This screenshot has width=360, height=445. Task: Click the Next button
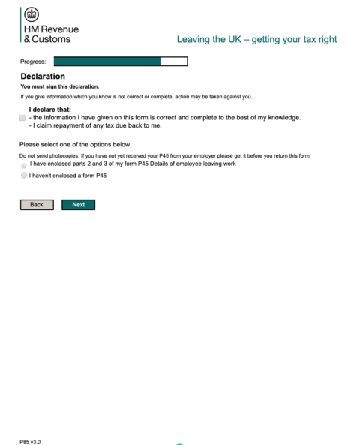(x=78, y=204)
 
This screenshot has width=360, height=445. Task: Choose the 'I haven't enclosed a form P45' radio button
(x=24, y=175)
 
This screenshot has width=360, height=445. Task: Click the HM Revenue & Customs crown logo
(x=32, y=14)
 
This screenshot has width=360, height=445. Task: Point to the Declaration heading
(x=43, y=76)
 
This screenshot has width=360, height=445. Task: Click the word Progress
(x=33, y=62)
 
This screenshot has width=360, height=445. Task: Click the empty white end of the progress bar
(x=174, y=62)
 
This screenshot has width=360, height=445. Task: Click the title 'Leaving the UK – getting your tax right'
(x=256, y=38)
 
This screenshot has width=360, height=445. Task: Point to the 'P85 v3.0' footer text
(x=30, y=441)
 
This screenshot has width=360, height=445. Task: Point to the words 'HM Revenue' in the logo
(x=52, y=29)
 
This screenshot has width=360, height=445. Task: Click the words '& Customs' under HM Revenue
(x=49, y=39)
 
